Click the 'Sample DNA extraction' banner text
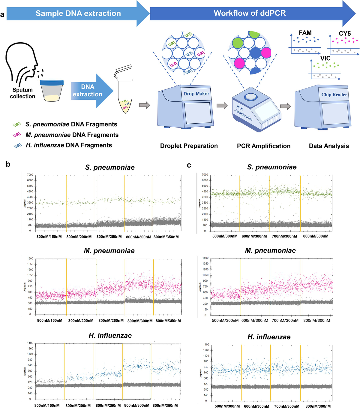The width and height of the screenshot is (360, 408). (x=78, y=14)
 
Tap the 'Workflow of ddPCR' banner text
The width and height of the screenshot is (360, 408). (x=250, y=13)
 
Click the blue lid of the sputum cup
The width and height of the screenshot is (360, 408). (x=52, y=82)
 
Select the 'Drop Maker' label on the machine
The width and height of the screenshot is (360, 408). (x=196, y=94)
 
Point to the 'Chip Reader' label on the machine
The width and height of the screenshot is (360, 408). (x=334, y=95)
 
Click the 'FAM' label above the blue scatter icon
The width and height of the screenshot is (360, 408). (x=305, y=33)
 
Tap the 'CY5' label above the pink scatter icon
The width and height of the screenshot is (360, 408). (x=345, y=34)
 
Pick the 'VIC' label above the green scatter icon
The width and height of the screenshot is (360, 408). (x=325, y=58)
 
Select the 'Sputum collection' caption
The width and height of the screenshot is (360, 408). (x=22, y=93)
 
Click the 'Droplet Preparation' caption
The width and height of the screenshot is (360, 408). (x=189, y=146)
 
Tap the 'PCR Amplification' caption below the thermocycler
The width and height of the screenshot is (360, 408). (x=263, y=146)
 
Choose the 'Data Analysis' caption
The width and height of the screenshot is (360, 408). (x=329, y=146)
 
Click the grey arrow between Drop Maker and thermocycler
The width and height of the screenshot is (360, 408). (x=222, y=105)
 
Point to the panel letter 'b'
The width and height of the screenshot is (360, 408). (x=8, y=164)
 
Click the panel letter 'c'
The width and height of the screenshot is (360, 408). (x=189, y=165)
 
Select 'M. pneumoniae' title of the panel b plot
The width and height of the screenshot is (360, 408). (x=109, y=251)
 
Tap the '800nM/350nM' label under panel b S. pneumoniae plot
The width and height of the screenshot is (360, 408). (x=166, y=237)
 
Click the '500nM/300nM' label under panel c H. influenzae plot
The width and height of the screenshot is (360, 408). (x=227, y=406)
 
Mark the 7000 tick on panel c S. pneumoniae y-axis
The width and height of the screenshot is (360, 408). (x=205, y=175)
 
